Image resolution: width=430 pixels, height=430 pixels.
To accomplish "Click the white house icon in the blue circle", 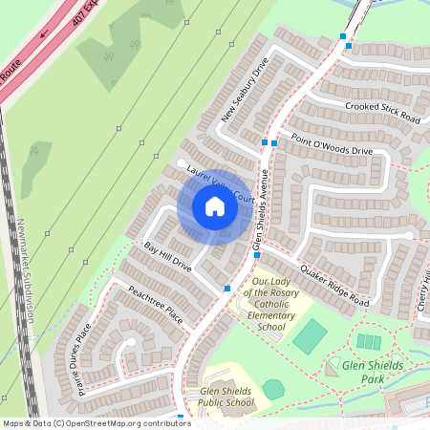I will click(x=214, y=205).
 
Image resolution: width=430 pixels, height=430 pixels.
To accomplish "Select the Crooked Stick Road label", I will click(x=383, y=112).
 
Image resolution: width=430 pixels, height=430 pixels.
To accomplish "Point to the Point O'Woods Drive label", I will click(x=332, y=144).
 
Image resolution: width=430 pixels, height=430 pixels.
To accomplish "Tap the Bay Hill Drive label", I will click(x=168, y=257).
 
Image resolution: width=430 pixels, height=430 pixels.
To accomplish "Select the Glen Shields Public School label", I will click(x=227, y=398).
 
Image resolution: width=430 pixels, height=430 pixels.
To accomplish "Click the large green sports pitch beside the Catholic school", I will click(x=310, y=335).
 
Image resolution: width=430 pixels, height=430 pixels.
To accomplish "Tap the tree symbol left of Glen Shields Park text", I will click(x=333, y=365).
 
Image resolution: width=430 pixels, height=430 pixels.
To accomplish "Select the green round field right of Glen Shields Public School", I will click(x=274, y=389).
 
